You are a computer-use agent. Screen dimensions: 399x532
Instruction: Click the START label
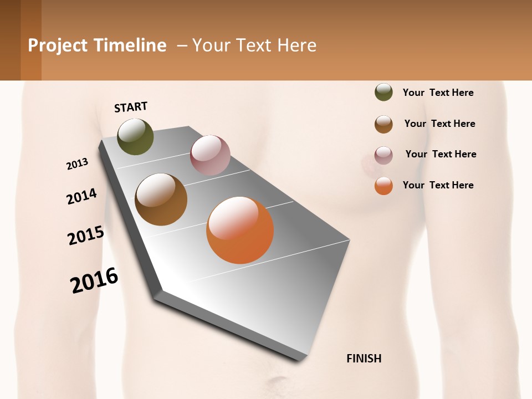131,107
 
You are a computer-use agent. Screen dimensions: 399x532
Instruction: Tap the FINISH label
364,359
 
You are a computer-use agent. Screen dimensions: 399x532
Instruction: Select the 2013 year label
77,164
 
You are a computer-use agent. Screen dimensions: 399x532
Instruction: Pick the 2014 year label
81,197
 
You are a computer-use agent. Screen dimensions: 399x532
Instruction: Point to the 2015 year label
86,235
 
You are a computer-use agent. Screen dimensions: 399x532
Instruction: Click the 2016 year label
94,280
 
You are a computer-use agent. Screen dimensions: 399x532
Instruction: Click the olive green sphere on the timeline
135,136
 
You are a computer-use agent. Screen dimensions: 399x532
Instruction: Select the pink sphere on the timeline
210,155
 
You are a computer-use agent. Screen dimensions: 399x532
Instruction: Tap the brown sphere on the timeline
161,199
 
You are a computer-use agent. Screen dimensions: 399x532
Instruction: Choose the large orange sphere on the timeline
240,230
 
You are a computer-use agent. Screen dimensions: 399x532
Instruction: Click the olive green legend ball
383,93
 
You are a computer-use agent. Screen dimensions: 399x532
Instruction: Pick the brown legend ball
383,124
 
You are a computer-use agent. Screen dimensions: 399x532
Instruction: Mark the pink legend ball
383,155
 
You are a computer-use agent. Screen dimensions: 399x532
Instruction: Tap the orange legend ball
383,186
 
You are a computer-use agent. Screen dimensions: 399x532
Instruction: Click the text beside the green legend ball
438,93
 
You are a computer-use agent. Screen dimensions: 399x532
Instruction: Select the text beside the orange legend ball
438,185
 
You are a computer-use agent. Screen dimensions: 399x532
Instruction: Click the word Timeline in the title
130,45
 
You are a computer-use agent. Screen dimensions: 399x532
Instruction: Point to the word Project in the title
58,45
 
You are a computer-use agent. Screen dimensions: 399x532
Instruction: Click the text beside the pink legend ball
441,154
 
